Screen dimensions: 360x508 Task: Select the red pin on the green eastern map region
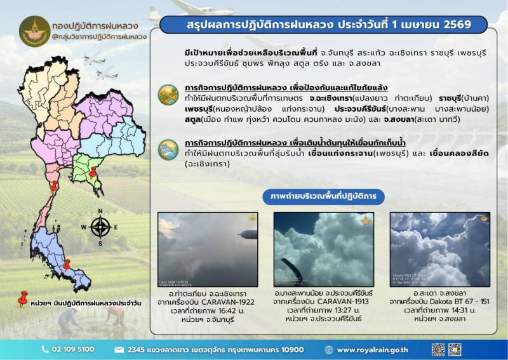pyautogui.click(x=93, y=172)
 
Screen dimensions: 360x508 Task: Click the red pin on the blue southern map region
pyautogui.click(x=67, y=264)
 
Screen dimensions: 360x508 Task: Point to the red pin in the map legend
pyautogui.click(x=22, y=298)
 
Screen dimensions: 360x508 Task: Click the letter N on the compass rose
pyautogui.click(x=100, y=211)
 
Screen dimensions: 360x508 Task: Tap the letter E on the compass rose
pyautogui.click(x=117, y=227)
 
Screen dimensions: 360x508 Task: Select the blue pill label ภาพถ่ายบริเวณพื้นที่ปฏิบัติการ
pyautogui.click(x=323, y=197)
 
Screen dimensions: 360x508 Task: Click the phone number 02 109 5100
pyautogui.click(x=72, y=349)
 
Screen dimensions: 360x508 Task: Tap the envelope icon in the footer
pyautogui.click(x=119, y=349)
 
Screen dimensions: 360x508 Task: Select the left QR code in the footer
pyautogui.click(x=438, y=349)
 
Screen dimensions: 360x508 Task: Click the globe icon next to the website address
pyautogui.click(x=328, y=349)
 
